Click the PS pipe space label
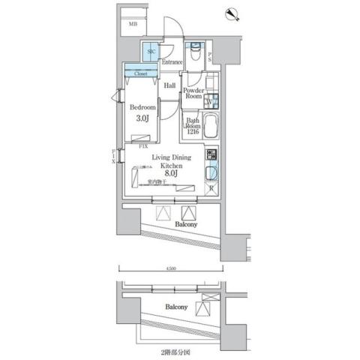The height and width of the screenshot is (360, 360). [210, 55]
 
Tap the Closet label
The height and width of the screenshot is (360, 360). [140, 73]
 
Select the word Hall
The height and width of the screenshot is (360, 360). [170, 86]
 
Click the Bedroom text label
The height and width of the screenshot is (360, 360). [142, 107]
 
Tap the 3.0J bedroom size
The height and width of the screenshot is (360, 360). [142, 119]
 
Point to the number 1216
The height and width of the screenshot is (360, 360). [192, 132]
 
